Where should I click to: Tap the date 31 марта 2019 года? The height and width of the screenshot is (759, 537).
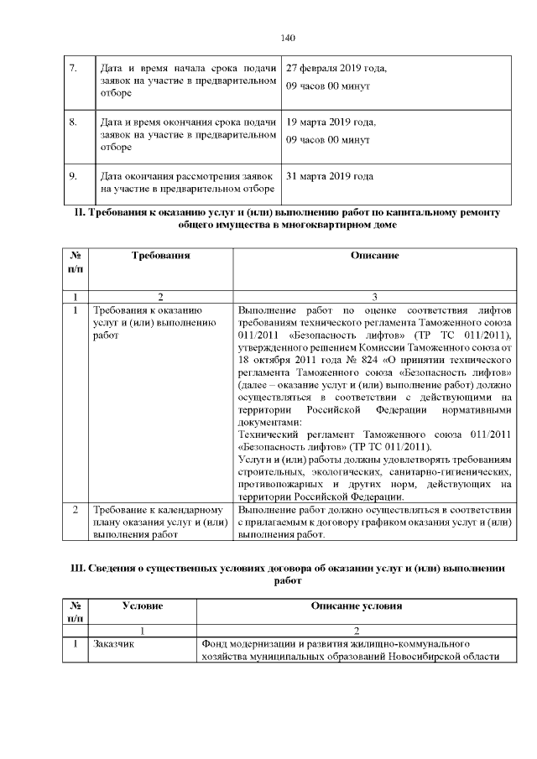[x=330, y=176]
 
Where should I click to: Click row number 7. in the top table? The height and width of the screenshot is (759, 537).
[x=73, y=68]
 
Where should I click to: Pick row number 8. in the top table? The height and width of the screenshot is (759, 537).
[x=73, y=122]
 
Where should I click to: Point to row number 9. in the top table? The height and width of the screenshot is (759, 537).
[x=73, y=176]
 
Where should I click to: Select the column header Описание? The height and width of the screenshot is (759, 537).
[x=374, y=255]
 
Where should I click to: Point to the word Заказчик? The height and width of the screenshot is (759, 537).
[x=117, y=644]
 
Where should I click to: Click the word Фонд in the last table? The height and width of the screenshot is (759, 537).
[x=216, y=644]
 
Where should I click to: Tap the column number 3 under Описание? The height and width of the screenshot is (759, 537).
[x=374, y=297]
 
